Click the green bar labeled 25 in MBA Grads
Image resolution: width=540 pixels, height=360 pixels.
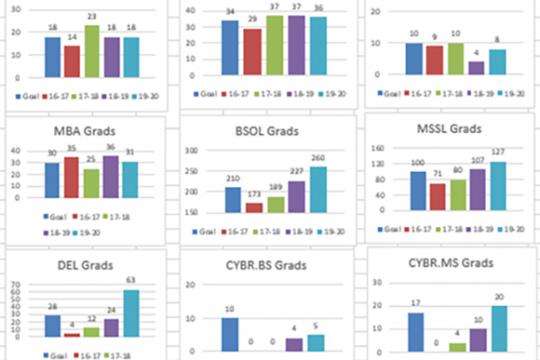(92, 183)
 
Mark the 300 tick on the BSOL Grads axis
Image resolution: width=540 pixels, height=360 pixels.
(192, 149)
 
